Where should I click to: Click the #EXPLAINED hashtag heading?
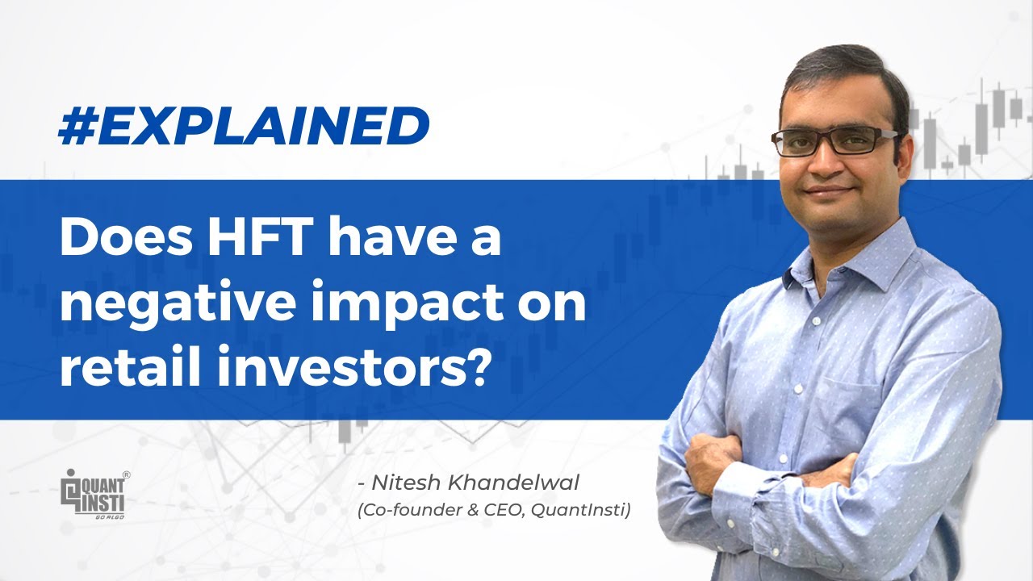[243, 127]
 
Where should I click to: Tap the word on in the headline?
[557, 307]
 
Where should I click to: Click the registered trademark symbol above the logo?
[126, 476]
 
